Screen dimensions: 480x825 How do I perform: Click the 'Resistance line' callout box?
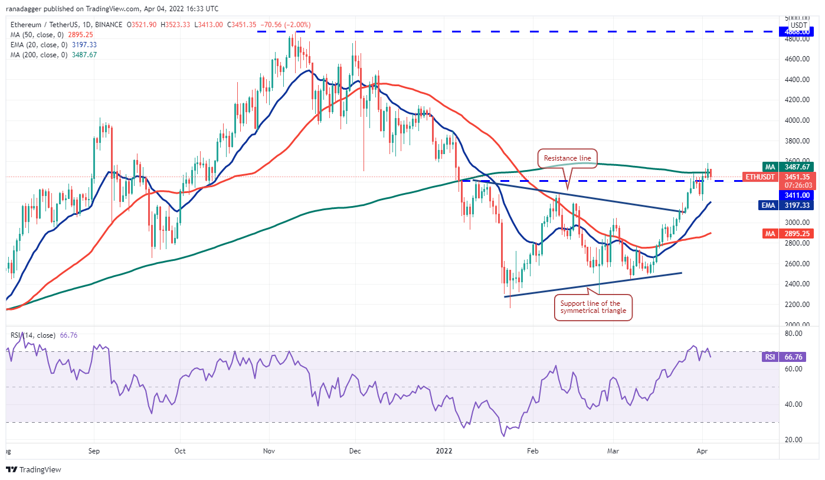click(567, 158)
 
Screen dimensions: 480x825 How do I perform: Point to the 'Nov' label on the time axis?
click(269, 450)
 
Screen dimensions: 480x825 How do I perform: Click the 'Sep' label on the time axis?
click(94, 450)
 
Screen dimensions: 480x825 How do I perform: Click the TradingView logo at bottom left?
click(34, 470)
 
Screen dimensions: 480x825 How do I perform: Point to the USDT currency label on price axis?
click(798, 25)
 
